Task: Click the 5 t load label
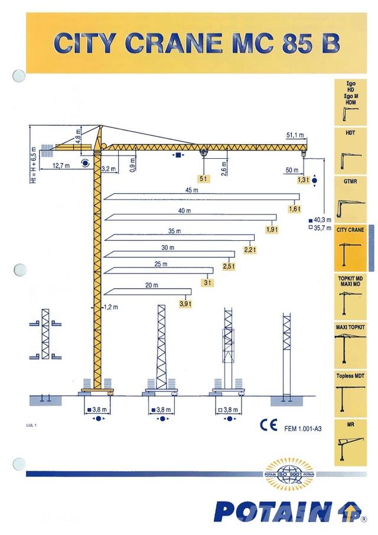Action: point(203,178)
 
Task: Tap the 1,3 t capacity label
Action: point(303,180)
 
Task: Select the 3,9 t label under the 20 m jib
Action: point(185,304)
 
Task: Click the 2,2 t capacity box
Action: point(250,249)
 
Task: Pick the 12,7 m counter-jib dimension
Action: point(61,166)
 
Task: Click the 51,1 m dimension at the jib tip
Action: point(295,135)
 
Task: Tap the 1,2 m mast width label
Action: point(111,307)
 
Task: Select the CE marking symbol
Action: point(269,425)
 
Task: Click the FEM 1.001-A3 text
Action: point(302,429)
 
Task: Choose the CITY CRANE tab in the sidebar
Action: point(350,249)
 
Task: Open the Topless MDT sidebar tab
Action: point(350,394)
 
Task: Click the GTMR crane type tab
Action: point(350,200)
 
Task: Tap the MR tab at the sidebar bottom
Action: point(350,442)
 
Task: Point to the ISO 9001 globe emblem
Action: point(289,474)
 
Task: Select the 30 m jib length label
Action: point(168,247)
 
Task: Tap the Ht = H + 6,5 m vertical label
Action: point(34,165)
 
